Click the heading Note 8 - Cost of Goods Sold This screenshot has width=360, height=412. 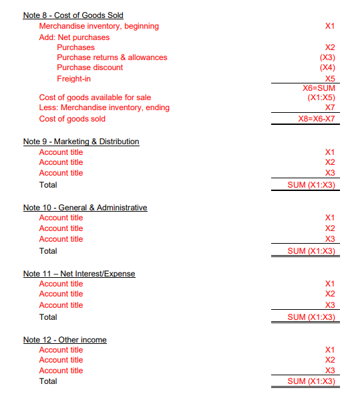(x=73, y=15)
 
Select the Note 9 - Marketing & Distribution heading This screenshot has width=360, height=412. (x=81, y=142)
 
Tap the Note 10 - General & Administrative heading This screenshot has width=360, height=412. (x=85, y=208)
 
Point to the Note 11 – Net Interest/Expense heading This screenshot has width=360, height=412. (x=79, y=274)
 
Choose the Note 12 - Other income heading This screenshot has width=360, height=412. (x=65, y=340)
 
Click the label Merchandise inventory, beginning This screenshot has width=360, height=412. (x=99, y=26)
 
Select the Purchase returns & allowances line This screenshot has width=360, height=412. (x=112, y=57)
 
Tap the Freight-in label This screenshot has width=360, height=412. (x=73, y=79)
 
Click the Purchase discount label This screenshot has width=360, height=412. (x=89, y=67)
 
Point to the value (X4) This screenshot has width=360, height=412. (x=327, y=67)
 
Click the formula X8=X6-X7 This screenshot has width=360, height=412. (x=316, y=119)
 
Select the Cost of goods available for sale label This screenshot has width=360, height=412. (x=95, y=97)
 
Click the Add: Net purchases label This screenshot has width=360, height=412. (x=74, y=37)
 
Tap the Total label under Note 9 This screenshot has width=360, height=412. (x=48, y=185)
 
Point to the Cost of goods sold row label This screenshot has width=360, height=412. (x=72, y=119)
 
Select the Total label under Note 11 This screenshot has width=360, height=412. (x=48, y=317)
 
